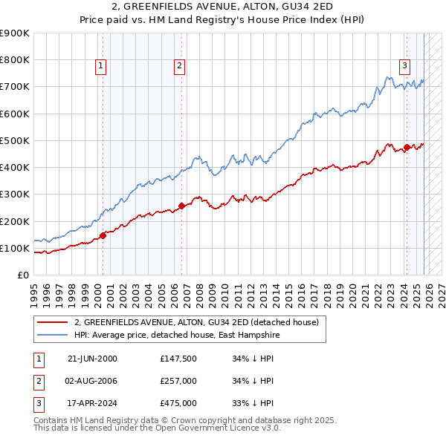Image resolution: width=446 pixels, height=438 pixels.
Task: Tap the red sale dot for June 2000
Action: tap(103, 235)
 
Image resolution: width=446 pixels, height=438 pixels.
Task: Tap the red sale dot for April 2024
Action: tap(407, 147)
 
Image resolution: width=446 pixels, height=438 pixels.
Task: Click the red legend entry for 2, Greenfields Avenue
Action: tap(196, 322)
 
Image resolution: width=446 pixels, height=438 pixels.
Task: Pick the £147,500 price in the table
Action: tap(178, 359)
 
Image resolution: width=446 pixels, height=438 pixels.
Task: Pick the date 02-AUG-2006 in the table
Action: tap(92, 381)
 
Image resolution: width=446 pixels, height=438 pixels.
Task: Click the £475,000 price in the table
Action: tap(178, 403)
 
